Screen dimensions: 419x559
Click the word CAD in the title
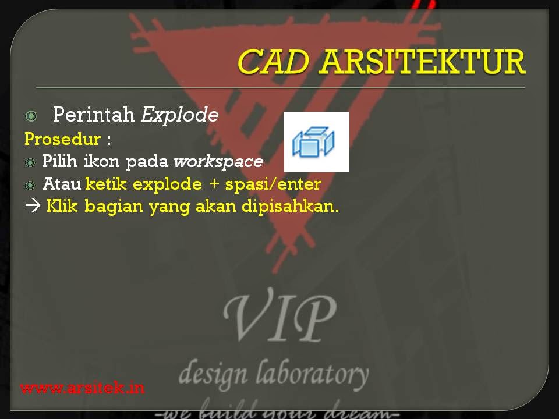(272, 62)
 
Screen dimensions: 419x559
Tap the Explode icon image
(316, 142)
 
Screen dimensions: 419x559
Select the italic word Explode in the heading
(179, 115)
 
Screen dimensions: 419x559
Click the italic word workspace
(218, 161)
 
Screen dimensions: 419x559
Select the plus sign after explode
(214, 184)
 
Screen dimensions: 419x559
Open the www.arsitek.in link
(82, 388)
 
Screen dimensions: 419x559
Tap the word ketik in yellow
(107, 184)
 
